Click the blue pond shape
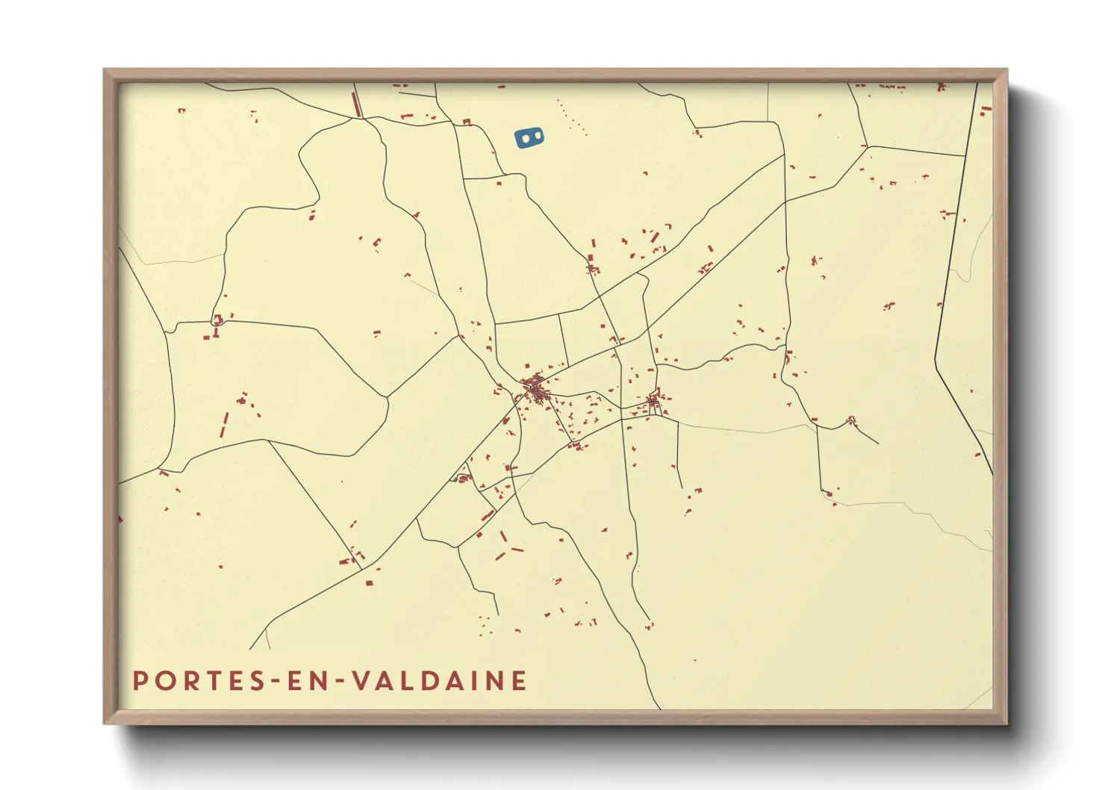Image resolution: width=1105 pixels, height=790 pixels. pyautogui.click(x=529, y=137)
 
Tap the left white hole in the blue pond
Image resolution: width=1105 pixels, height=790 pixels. pyautogui.click(x=524, y=138)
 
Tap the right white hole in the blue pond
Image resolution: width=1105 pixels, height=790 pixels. pyautogui.click(x=535, y=137)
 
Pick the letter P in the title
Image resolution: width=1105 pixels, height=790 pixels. pyautogui.click(x=140, y=681)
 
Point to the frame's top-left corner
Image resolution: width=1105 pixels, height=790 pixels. pyautogui.click(x=105, y=70)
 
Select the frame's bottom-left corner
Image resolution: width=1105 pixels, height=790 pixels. pyautogui.click(x=105, y=722)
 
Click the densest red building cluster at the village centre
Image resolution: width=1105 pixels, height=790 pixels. pyautogui.click(x=535, y=389)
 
